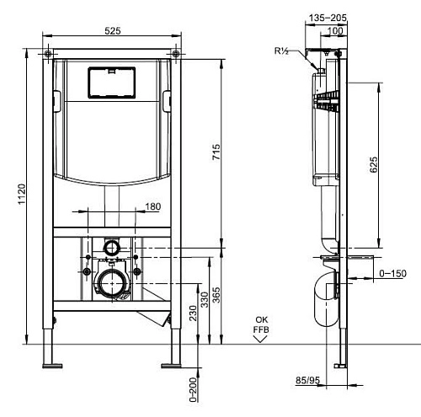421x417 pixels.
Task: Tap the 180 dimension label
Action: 153,206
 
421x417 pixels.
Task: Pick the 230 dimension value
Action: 192,313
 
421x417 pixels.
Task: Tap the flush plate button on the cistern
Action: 113,82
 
